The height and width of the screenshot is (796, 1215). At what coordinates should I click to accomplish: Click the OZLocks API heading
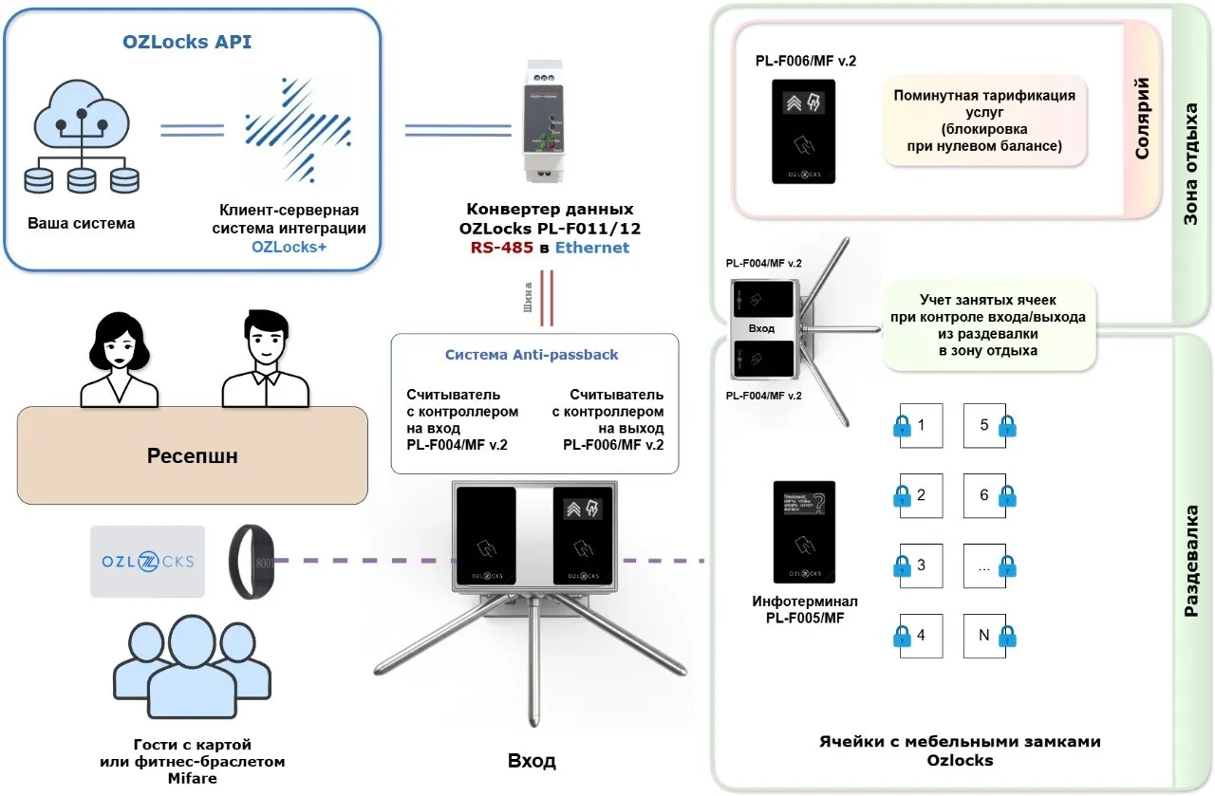click(x=187, y=42)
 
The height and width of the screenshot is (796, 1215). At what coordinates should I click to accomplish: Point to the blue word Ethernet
click(x=592, y=248)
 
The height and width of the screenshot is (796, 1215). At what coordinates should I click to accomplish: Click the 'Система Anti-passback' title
click(x=532, y=355)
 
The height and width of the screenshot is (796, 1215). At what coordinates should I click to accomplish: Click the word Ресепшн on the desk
click(x=192, y=456)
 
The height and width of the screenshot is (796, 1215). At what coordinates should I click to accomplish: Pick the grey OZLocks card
click(x=147, y=561)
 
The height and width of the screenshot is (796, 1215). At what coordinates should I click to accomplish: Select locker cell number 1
click(x=921, y=425)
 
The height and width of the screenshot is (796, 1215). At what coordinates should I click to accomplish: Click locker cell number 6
click(x=984, y=495)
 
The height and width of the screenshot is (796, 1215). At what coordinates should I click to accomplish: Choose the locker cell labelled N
click(x=984, y=636)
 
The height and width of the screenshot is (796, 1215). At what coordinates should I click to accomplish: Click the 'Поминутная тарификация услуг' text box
click(x=984, y=120)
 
